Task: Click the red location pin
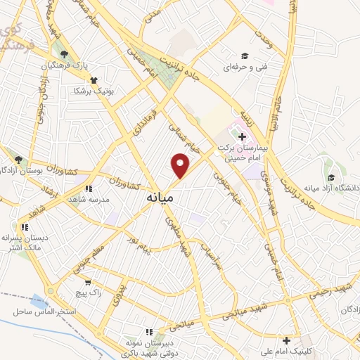coord(181,166)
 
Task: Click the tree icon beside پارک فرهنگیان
coord(65,54)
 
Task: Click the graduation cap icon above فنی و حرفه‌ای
coord(245,56)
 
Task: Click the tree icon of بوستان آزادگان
coord(18,160)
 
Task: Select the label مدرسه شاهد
coord(88,200)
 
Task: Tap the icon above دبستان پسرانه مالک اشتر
coord(25,227)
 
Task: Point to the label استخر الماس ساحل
coord(40,311)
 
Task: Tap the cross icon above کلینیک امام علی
coord(286,340)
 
